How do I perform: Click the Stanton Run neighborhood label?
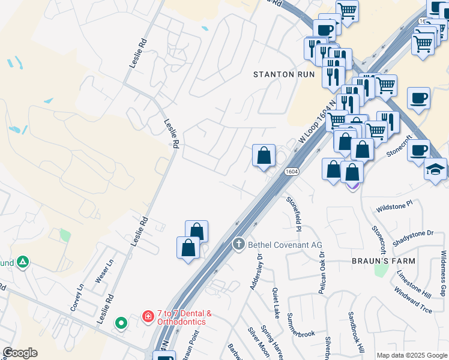click(285, 74)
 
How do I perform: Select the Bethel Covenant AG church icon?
click(238, 244)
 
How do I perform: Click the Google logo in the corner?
click(20, 353)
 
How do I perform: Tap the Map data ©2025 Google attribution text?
click(412, 355)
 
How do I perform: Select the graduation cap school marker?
click(435, 170)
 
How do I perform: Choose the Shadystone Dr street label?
click(413, 238)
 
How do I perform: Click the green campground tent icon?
click(23, 262)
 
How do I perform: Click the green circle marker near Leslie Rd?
click(122, 323)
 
